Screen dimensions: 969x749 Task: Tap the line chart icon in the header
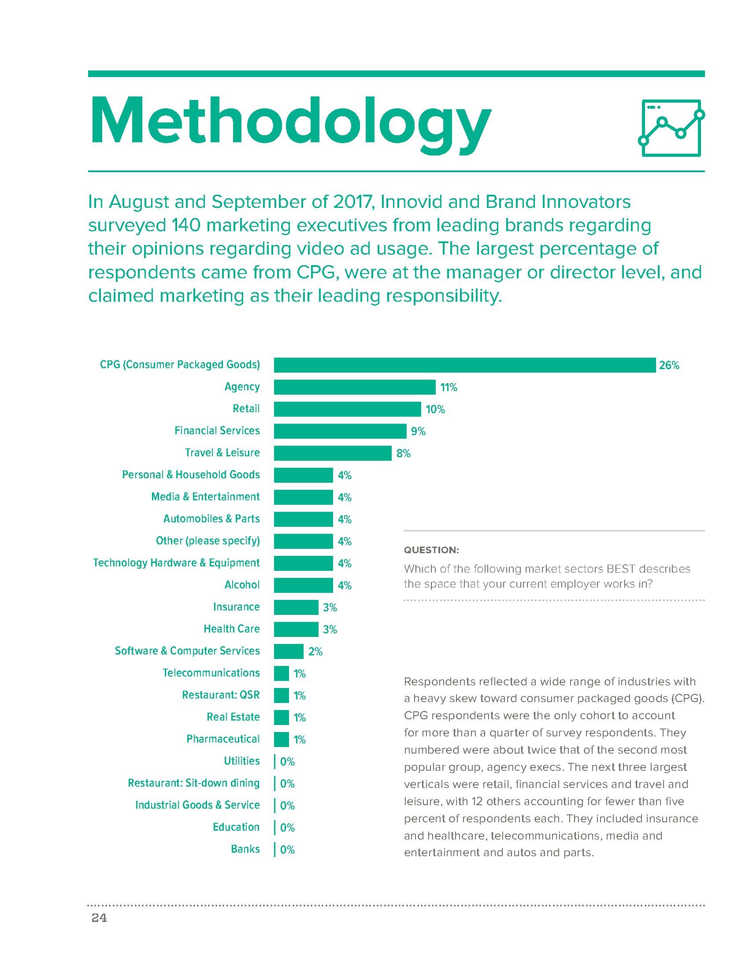tap(671, 128)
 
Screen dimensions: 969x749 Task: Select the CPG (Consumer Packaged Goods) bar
tap(464, 365)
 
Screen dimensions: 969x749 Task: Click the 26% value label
tap(669, 366)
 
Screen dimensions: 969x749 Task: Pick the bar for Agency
tap(354, 387)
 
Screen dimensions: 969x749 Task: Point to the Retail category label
tap(246, 409)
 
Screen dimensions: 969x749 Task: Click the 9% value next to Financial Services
tap(418, 431)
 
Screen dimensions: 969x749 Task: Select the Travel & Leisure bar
tap(332, 453)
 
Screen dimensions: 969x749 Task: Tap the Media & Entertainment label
tap(205, 496)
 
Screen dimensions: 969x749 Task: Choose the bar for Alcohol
tap(303, 585)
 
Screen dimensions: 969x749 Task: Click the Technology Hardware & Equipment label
tap(176, 563)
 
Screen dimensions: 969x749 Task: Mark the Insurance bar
tap(296, 607)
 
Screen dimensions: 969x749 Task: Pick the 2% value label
tap(315, 652)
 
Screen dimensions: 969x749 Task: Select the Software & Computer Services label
tap(187, 651)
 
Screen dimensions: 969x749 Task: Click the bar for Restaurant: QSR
tap(282, 695)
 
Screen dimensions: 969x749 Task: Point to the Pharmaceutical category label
tap(223, 739)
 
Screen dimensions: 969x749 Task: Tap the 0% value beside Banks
tap(288, 850)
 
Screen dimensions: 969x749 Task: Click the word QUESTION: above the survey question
tap(431, 550)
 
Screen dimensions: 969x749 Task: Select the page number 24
tap(99, 918)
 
